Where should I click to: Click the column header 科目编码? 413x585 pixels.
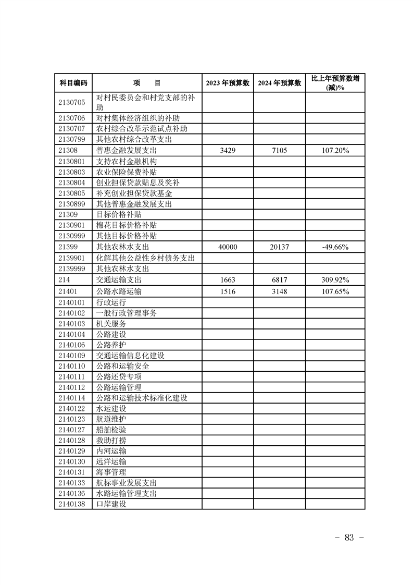point(73,83)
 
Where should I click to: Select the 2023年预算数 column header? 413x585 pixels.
point(227,83)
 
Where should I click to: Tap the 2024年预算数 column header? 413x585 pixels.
point(279,83)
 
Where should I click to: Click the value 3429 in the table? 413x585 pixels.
point(228,150)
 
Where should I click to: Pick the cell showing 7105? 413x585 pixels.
point(279,150)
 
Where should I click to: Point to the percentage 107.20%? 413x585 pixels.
point(334,150)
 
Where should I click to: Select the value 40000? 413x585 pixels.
point(228,247)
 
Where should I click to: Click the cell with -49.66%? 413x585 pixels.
point(334,247)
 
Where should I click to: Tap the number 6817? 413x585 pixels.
point(279,280)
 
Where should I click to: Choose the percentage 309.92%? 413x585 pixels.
point(334,280)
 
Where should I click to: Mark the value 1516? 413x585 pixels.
point(228,291)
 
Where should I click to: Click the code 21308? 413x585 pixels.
point(68,150)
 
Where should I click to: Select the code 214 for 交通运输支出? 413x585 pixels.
point(65,280)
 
